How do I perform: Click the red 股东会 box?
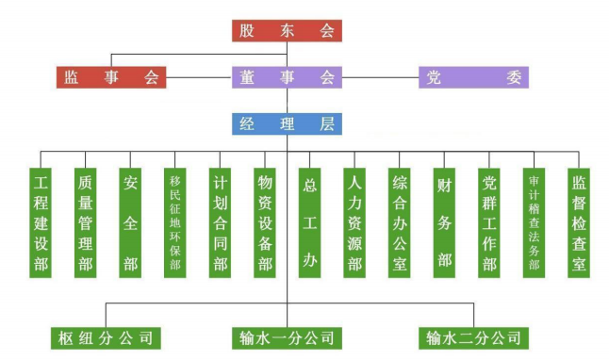click(x=287, y=30)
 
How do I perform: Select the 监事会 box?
click(x=110, y=77)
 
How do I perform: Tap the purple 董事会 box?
click(x=287, y=77)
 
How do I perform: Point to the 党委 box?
click(x=473, y=77)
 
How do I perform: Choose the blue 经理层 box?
click(x=287, y=123)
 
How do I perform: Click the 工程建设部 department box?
click(x=41, y=222)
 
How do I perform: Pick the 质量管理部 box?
click(x=86, y=222)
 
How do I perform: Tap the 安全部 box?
click(x=130, y=222)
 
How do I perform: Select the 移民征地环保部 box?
click(x=175, y=222)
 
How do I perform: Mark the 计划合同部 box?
click(x=220, y=222)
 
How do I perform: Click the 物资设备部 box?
click(x=265, y=222)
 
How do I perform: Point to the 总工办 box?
click(x=309, y=222)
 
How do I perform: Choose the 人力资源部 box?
click(x=354, y=222)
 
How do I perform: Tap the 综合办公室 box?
click(x=400, y=222)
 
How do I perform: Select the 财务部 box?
click(x=444, y=222)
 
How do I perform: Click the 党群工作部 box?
click(x=489, y=222)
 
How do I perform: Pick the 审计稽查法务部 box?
click(x=535, y=222)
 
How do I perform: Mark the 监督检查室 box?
click(x=579, y=222)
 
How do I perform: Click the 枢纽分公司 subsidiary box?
click(x=103, y=336)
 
